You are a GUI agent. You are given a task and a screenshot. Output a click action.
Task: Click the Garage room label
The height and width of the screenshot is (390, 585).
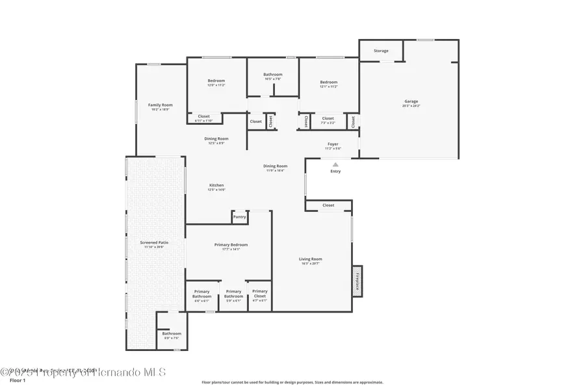tap(411, 101)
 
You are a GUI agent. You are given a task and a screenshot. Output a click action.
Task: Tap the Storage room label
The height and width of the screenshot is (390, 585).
tap(381, 51)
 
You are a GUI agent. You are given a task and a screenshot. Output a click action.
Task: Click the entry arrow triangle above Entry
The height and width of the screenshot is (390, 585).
tap(335, 164)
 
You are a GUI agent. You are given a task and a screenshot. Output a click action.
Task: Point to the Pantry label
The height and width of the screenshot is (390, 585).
tap(240, 217)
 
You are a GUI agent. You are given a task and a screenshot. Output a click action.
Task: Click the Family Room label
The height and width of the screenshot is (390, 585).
tap(160, 105)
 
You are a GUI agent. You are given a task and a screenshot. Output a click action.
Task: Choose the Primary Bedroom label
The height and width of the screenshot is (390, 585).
tap(231, 244)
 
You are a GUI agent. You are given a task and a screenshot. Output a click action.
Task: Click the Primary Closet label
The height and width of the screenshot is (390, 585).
tap(259, 292)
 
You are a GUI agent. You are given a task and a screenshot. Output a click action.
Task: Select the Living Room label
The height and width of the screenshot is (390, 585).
tap(311, 259)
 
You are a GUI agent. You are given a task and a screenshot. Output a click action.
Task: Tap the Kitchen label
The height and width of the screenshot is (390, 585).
tap(216, 185)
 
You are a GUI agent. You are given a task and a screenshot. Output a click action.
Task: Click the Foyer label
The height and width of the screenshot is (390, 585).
tap(332, 144)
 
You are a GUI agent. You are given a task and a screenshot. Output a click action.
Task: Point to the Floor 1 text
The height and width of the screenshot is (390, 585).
tap(17, 382)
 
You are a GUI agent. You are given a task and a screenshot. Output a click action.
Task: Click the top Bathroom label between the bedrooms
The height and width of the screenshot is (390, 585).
tap(272, 74)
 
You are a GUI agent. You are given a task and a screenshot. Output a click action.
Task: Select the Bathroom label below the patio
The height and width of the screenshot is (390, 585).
tap(172, 334)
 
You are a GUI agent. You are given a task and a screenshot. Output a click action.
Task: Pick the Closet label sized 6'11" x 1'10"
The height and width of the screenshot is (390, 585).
tap(203, 116)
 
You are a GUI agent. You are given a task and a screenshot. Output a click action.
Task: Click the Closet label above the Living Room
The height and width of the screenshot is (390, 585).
tap(328, 205)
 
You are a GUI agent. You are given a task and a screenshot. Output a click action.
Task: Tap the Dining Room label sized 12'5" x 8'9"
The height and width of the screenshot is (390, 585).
tap(216, 138)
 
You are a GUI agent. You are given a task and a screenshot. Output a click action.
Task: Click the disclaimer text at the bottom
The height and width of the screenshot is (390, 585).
tap(292, 382)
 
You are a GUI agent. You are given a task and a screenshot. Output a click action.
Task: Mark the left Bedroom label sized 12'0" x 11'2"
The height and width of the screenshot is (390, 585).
tap(216, 81)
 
